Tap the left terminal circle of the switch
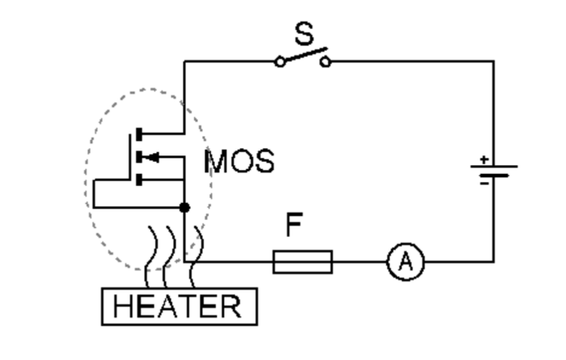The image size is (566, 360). (280, 61)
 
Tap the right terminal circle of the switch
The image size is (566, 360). (325, 61)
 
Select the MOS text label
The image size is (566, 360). (239, 161)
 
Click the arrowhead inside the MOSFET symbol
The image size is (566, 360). (150, 155)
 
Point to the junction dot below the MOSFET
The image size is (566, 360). (184, 208)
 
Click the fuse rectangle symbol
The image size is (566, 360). (302, 261)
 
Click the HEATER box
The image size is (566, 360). (178, 307)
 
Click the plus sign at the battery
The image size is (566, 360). (484, 159)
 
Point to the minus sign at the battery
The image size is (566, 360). (484, 183)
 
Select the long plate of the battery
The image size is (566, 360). (494, 167)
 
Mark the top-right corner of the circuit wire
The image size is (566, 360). (493, 61)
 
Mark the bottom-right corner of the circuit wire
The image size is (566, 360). (493, 260)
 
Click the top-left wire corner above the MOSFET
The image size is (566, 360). (184, 61)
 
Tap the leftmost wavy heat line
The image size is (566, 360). (150, 255)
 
